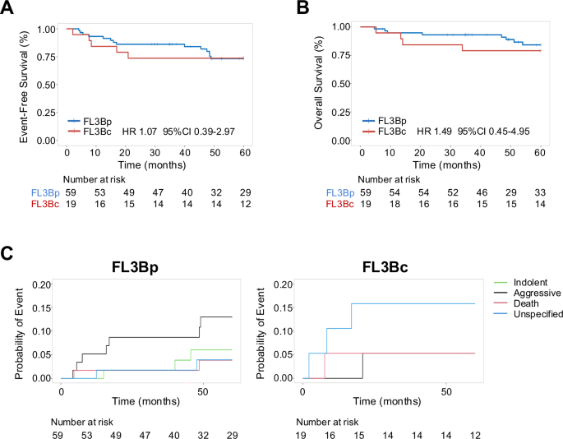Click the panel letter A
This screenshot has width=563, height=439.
[x=9, y=10]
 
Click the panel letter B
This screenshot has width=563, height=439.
[x=302, y=10]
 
